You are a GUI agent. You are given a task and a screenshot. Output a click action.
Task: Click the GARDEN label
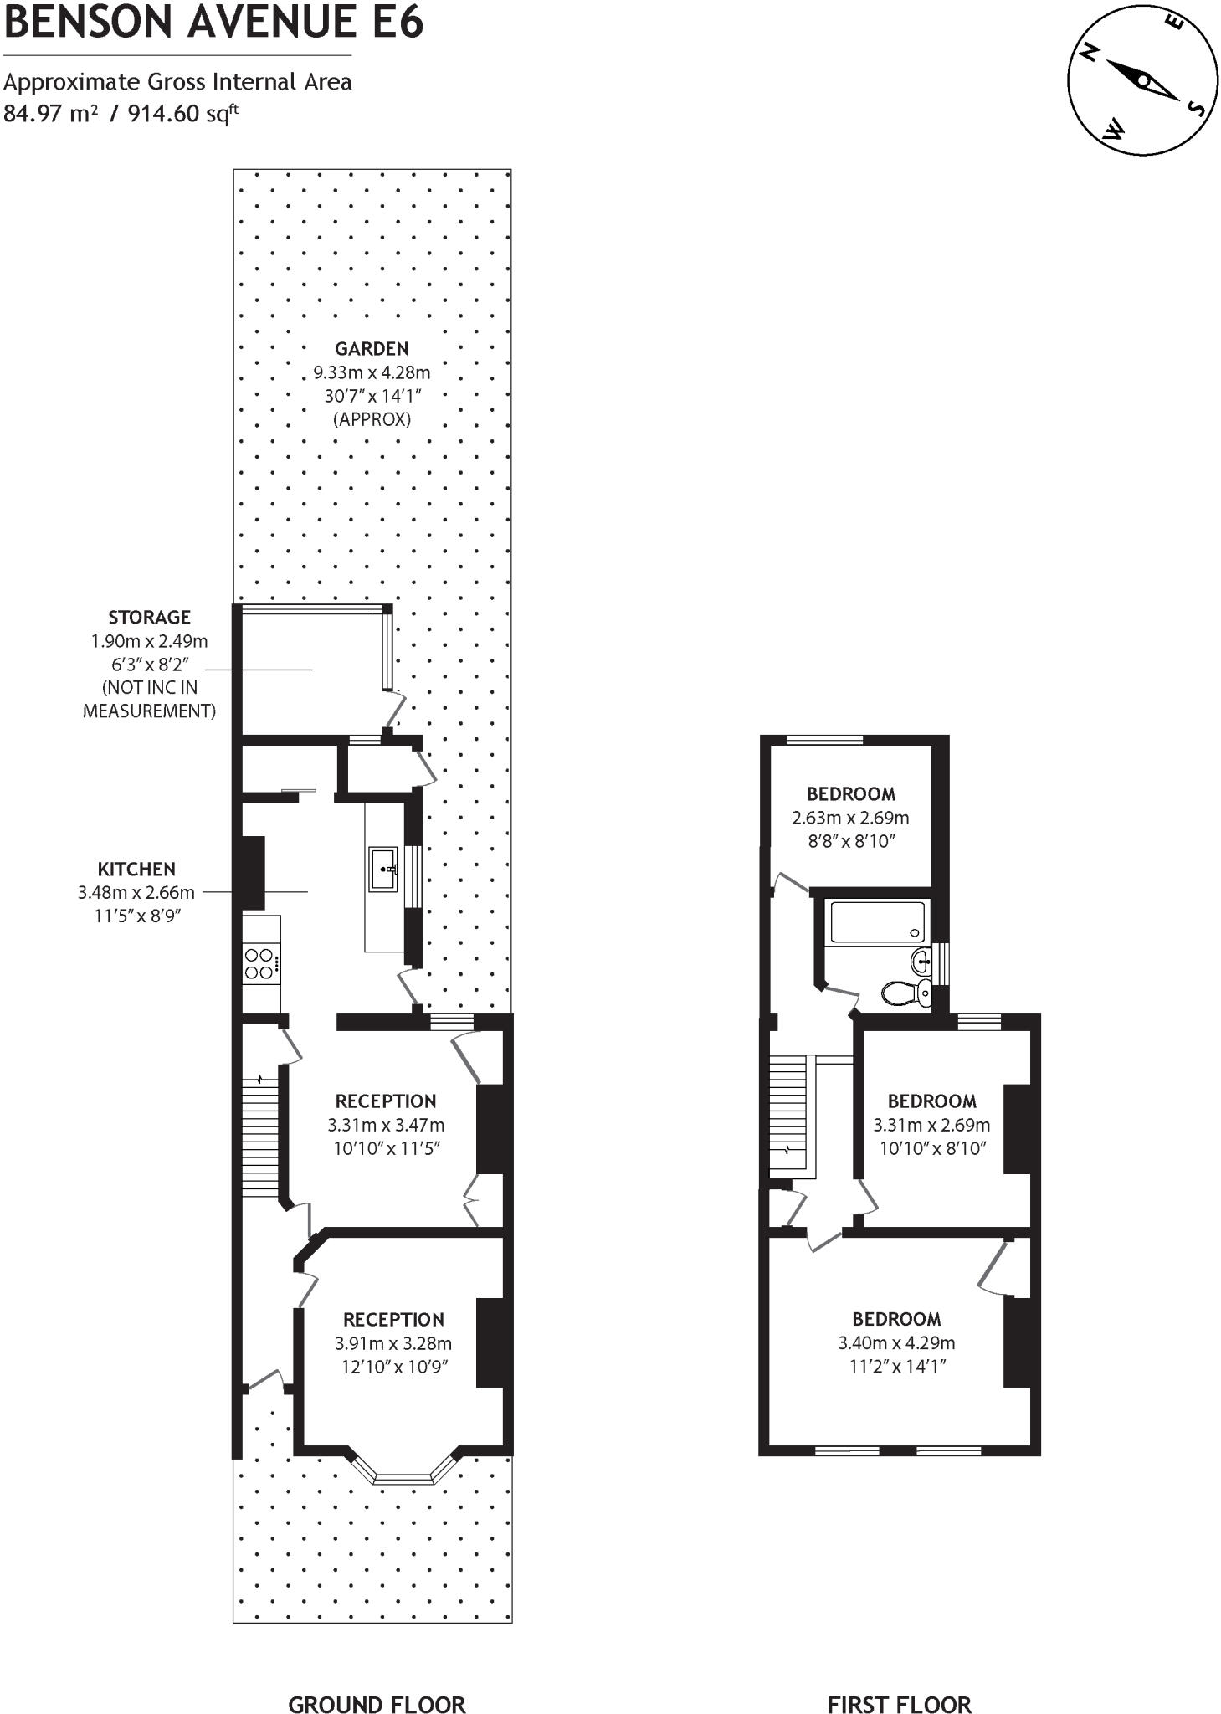tap(372, 349)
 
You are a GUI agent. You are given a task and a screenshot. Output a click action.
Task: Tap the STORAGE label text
tap(149, 618)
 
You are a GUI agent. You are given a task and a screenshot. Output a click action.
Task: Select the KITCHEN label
tap(136, 870)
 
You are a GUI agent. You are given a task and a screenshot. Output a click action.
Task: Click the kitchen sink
tap(383, 870)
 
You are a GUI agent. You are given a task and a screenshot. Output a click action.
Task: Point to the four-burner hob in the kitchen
tap(260, 963)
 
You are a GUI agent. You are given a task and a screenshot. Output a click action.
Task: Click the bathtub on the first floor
tap(876, 921)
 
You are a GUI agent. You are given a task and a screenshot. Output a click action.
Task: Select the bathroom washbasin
tap(921, 962)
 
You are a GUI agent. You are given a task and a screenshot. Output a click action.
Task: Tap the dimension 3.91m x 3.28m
tap(393, 1343)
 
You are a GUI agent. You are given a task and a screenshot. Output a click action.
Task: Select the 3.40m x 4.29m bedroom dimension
tap(896, 1342)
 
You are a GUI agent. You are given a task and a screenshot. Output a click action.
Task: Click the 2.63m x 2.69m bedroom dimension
tap(850, 818)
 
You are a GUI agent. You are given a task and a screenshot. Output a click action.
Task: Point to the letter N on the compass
tap(1090, 54)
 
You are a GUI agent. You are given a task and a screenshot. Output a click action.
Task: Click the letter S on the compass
tap(1196, 109)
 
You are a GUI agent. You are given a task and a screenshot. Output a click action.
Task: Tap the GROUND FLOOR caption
tap(377, 1681)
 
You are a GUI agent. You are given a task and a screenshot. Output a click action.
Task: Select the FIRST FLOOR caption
tap(899, 1681)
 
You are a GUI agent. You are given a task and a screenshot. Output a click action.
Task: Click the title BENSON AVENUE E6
tap(213, 23)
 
